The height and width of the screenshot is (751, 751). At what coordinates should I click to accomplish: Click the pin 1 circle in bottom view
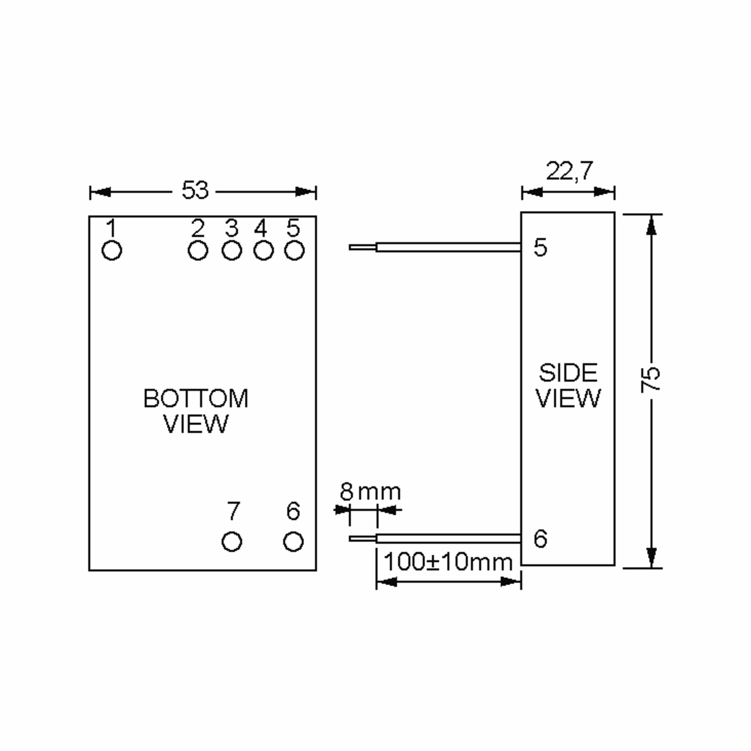point(112,250)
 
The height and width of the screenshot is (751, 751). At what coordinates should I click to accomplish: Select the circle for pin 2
point(198,250)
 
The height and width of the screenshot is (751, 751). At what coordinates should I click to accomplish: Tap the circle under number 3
point(232,250)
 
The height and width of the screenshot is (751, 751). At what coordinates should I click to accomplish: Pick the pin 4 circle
point(263,250)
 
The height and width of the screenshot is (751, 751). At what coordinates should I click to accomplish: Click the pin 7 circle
point(232,541)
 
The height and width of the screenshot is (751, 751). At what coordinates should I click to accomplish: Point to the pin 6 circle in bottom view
point(294,541)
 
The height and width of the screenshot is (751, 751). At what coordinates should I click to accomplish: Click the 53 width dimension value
point(195,191)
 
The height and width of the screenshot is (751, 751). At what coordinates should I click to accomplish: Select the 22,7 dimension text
point(570,171)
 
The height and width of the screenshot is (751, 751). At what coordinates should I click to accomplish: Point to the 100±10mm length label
point(448,562)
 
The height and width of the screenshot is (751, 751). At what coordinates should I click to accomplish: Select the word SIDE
point(568,373)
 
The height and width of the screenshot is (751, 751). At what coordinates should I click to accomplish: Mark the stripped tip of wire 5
point(362,247)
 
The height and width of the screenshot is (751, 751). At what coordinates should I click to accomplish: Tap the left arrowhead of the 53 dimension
point(100,192)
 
